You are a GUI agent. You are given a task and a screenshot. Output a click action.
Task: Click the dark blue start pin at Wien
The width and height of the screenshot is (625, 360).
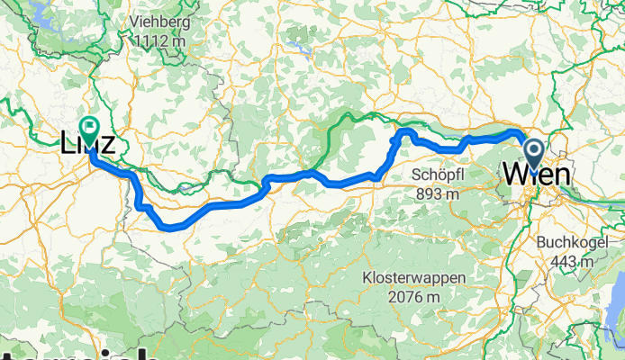(x=533, y=154)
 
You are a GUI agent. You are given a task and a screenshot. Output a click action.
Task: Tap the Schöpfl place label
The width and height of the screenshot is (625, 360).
(x=436, y=174)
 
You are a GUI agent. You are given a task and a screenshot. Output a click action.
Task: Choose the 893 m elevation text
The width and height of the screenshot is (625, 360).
(x=436, y=193)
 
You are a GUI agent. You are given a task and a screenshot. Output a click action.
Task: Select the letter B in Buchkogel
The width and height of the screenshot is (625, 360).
(x=540, y=241)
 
